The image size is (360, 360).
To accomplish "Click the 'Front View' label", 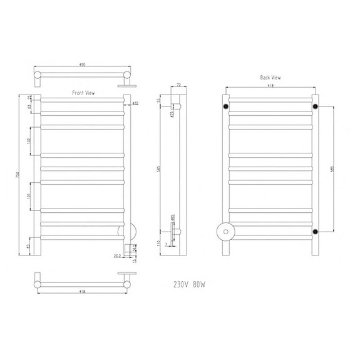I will (83, 92).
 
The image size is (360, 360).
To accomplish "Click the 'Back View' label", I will (270, 78).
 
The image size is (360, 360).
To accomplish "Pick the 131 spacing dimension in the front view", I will (29, 197).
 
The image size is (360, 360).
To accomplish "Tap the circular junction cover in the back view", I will (223, 231).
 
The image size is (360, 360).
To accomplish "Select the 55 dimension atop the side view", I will (160, 100).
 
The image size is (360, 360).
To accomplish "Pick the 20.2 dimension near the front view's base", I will (116, 255).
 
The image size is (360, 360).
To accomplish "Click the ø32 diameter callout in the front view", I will (136, 103).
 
